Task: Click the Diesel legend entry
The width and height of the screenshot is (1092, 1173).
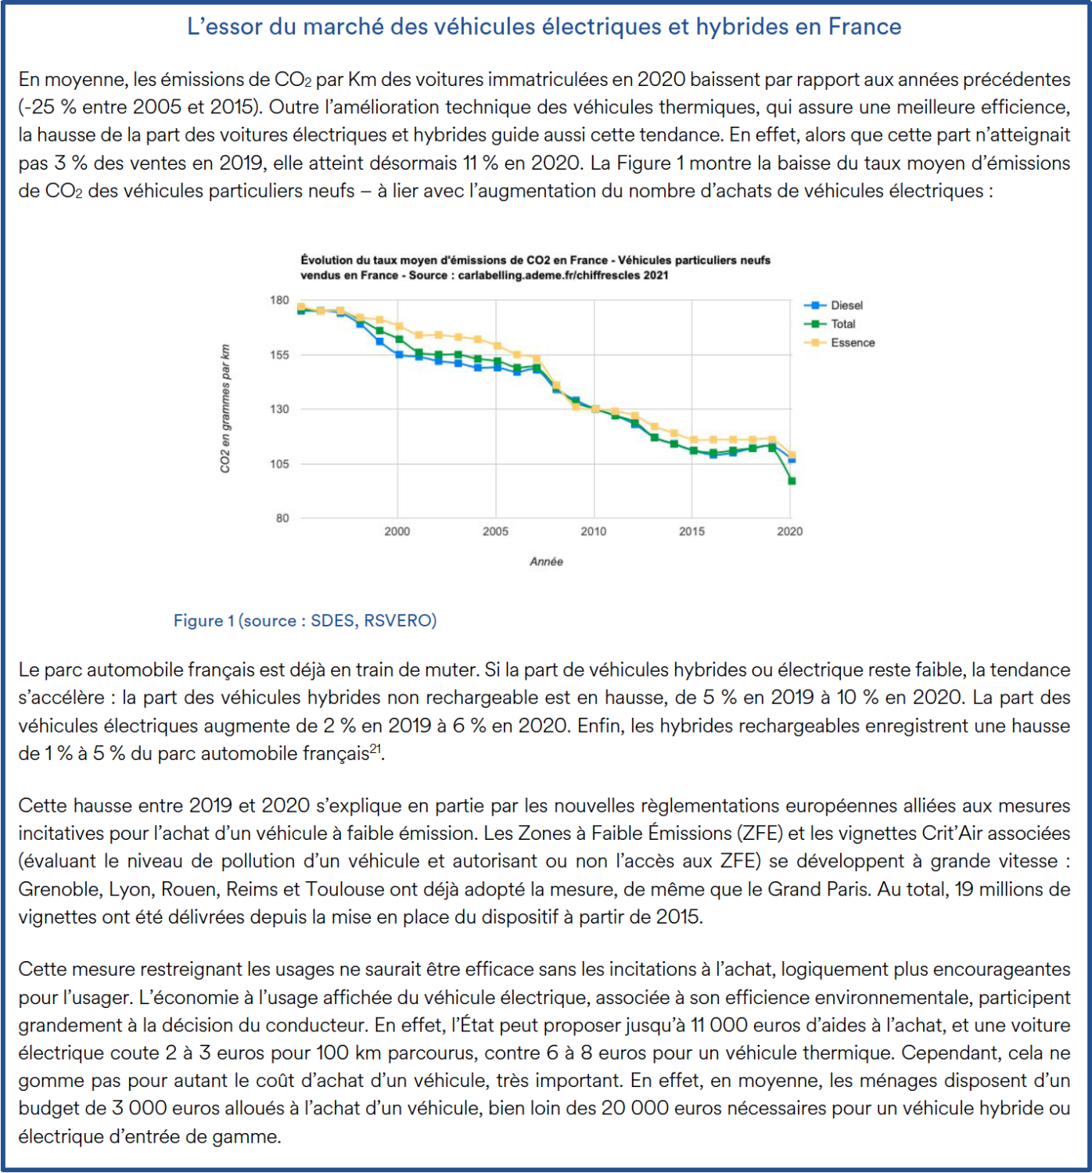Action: click(846, 305)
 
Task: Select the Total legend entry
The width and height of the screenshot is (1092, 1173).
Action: click(842, 324)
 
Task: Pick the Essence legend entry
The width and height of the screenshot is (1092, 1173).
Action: click(852, 343)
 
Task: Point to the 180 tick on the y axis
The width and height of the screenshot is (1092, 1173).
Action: click(280, 300)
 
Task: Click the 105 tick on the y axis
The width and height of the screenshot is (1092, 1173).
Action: click(280, 464)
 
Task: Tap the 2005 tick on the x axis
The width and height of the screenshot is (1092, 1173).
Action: click(495, 532)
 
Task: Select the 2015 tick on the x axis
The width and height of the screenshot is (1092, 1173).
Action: click(691, 532)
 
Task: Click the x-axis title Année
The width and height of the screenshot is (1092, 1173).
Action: click(546, 561)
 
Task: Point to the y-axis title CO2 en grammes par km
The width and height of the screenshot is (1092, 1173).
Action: click(225, 408)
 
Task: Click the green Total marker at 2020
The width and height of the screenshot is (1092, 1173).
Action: click(792, 481)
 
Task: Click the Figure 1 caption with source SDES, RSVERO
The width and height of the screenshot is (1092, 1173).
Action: click(305, 620)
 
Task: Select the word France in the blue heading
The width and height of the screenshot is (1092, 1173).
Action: click(864, 27)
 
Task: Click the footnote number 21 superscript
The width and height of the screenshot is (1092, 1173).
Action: click(375, 748)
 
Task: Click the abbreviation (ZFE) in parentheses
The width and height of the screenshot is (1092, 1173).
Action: click(759, 834)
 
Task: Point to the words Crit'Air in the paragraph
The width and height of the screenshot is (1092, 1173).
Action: click(952, 834)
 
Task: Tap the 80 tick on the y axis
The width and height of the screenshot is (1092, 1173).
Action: click(282, 518)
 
